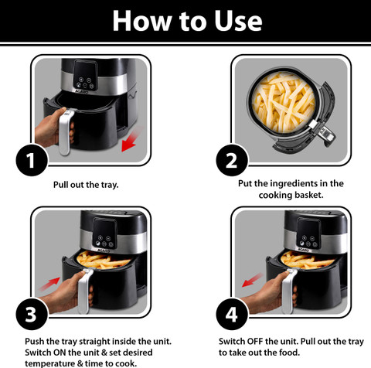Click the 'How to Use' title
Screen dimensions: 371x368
coord(187,21)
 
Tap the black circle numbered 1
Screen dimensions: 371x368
coord(32,160)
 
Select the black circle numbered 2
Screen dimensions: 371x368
coord(232,160)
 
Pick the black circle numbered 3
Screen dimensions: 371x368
coord(32,314)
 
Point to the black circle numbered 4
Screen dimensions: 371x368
coord(232,314)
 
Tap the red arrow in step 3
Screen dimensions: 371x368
coord(49,284)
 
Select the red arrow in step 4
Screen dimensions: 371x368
coord(253,280)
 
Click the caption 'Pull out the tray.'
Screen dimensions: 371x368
coord(86,185)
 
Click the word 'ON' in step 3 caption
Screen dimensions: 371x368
coord(60,353)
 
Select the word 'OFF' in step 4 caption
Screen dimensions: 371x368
coord(255,341)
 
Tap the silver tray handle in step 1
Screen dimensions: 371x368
coord(65,132)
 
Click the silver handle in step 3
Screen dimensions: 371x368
coord(84,291)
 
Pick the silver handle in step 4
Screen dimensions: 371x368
coord(288,291)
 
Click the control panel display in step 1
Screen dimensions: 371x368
coord(86,75)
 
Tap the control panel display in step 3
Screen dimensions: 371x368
coord(104,233)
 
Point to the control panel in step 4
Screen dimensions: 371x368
coord(308,233)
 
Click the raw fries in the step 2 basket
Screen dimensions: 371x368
coord(283,102)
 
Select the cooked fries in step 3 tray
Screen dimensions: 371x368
coord(103,261)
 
